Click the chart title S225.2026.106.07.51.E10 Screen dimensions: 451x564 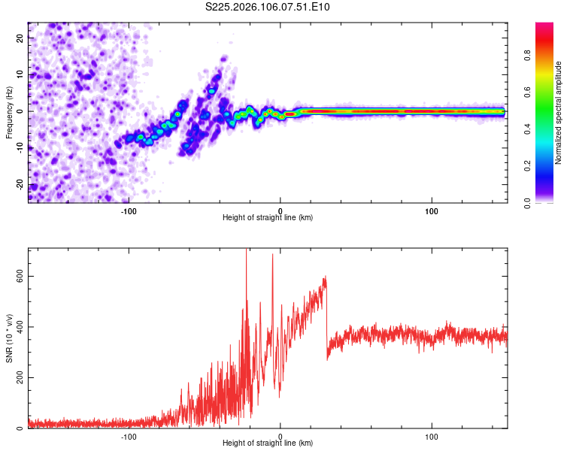click(268, 7)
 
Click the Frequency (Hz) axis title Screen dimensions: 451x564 click(9, 111)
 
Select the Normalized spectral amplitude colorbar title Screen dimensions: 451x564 click(559, 113)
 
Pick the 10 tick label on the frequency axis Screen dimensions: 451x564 click(20, 74)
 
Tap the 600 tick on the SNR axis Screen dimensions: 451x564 click(17, 276)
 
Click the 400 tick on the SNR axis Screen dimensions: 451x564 click(17, 327)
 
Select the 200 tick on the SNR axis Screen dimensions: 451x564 click(17, 377)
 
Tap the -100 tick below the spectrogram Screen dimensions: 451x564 click(129, 210)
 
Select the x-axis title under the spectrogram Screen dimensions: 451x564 click(268, 218)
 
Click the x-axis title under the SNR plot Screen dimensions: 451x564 click(268, 443)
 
